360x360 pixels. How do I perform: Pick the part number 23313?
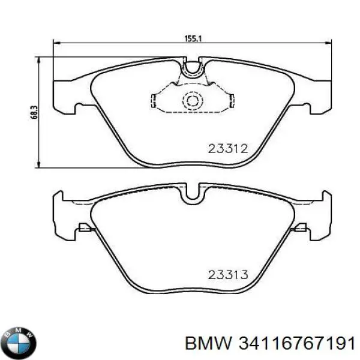pyautogui.click(x=228, y=275)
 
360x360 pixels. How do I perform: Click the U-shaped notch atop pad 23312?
pyautogui.click(x=193, y=69)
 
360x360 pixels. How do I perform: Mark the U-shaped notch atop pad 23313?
pyautogui.click(x=193, y=194)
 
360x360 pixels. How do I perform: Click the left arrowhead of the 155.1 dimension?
pyautogui.click(x=57, y=43)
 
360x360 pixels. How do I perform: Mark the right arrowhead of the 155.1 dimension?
pyautogui.click(x=328, y=43)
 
